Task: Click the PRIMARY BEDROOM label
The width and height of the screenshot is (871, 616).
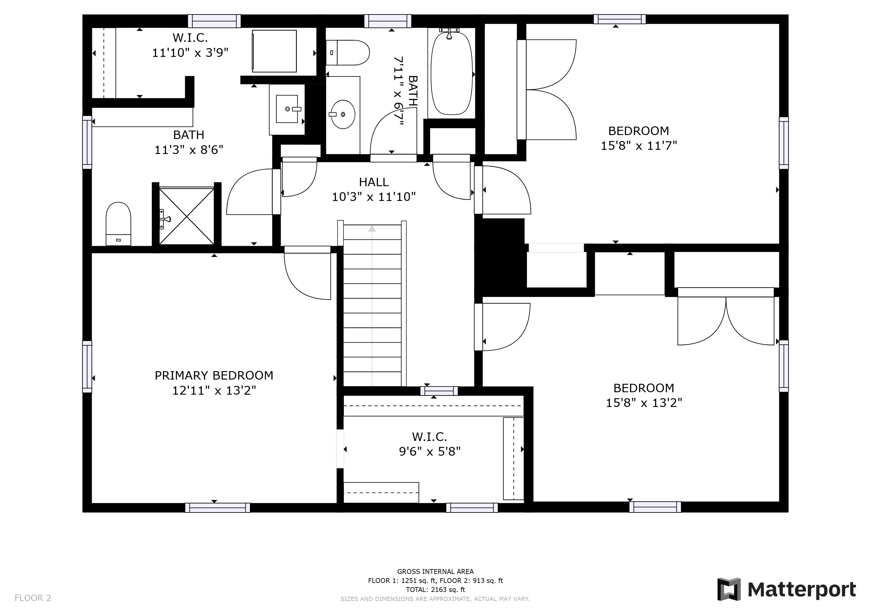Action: [214, 375]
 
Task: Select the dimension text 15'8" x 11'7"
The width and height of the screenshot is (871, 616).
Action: [639, 146]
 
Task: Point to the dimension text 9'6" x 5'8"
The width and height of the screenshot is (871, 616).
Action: [430, 451]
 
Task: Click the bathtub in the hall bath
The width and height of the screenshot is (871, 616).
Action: [452, 73]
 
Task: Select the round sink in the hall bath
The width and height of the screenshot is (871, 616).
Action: [343, 114]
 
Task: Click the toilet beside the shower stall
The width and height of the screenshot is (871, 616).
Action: [118, 224]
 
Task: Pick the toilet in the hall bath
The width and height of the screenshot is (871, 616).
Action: [347, 53]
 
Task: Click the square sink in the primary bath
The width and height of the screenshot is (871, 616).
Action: [287, 109]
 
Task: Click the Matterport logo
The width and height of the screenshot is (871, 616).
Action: [786, 590]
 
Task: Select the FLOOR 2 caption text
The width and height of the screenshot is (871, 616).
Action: [32, 598]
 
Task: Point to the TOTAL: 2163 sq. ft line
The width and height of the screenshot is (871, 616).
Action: [435, 590]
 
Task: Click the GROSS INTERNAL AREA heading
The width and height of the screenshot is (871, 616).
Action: [435, 571]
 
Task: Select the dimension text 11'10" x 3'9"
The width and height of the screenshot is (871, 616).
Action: [190, 53]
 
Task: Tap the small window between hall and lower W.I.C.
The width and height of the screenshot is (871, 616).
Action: [439, 391]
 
